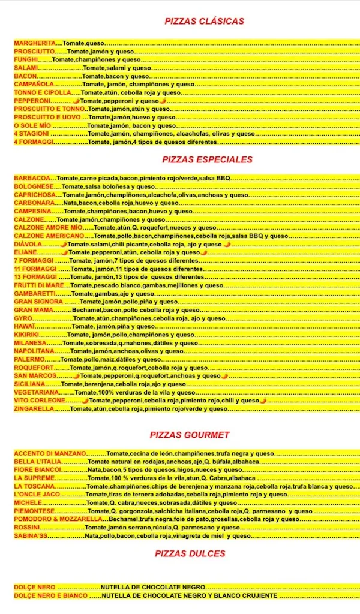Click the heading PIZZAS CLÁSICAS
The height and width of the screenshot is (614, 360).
pyautogui.click(x=205, y=22)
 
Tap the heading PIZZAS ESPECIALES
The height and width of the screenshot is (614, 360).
pyautogui.click(x=207, y=160)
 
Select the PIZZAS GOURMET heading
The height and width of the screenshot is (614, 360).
pyautogui.click(x=190, y=435)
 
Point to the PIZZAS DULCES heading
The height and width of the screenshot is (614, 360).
pyautogui.click(x=190, y=553)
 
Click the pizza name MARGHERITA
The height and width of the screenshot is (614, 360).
pyautogui.click(x=34, y=44)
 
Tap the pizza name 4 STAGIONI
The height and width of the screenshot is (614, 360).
pyautogui.click(x=31, y=134)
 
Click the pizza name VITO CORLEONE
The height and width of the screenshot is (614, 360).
pyautogui.click(x=39, y=400)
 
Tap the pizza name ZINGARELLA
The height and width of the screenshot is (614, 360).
pyautogui.click(x=34, y=408)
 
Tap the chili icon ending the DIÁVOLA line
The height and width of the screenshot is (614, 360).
pyautogui.click(x=227, y=245)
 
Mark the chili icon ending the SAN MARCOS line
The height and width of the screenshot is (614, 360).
pyautogui.click(x=224, y=376)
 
